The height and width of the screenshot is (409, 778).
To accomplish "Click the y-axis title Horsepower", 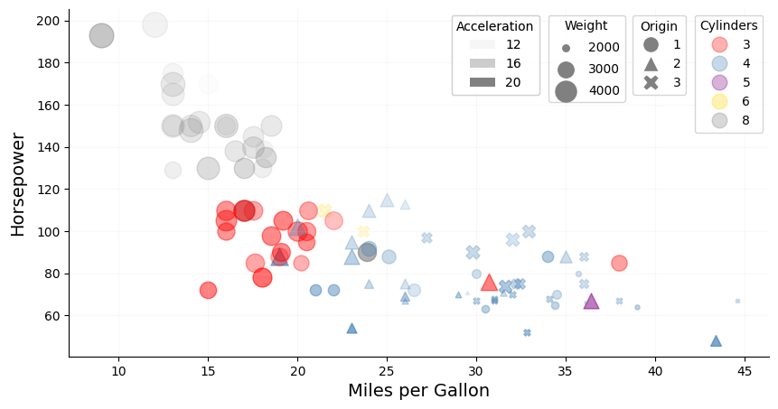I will (x=18, y=183).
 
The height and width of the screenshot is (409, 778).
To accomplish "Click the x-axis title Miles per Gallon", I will (x=418, y=391).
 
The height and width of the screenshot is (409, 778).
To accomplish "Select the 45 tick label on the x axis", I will (x=744, y=371).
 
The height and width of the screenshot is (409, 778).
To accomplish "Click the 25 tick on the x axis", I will (x=387, y=371).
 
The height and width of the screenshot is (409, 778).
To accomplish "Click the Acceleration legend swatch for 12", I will (x=483, y=45).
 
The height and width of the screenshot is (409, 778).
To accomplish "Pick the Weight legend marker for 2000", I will (x=566, y=47).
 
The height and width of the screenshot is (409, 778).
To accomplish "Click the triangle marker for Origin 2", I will (x=651, y=64).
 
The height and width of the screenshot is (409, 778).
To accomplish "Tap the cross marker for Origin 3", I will (x=651, y=83).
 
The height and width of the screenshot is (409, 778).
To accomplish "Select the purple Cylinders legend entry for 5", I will (x=719, y=83).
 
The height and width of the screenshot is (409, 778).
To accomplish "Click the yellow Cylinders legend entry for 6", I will (x=719, y=102).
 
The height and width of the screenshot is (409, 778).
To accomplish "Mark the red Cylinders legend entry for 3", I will (x=719, y=45).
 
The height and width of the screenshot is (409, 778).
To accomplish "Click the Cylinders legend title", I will (x=728, y=26).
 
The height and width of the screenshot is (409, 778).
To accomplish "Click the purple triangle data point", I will (x=591, y=302).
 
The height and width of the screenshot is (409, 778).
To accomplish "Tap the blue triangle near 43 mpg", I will (x=716, y=341).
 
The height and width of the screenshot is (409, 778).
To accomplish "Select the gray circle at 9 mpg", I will (x=101, y=36).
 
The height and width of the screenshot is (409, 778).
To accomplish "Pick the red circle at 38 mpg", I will (x=619, y=263).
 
